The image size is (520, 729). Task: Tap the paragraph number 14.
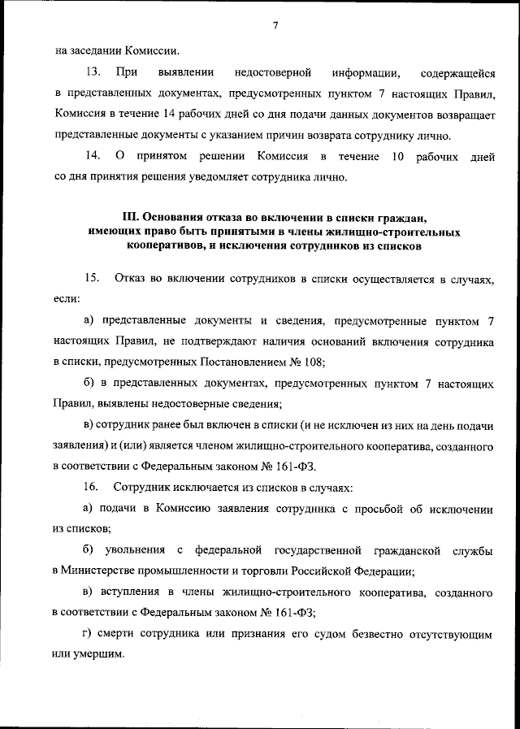(x=91, y=156)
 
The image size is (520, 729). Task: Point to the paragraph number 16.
(x=91, y=488)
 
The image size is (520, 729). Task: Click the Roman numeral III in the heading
(x=131, y=219)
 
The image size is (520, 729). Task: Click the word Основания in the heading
(x=172, y=219)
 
